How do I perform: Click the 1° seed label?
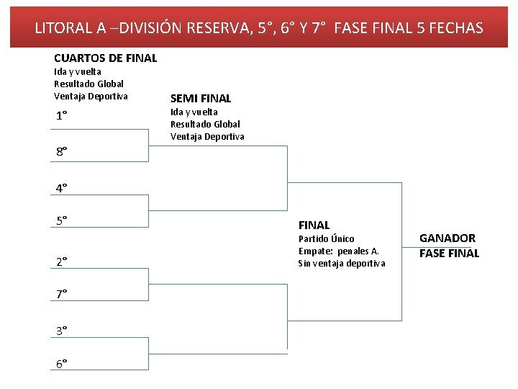pyautogui.click(x=61, y=116)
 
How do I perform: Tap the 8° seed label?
pyautogui.click(x=62, y=151)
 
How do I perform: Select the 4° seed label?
pyautogui.click(x=62, y=188)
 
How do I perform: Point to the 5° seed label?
pyautogui.click(x=62, y=220)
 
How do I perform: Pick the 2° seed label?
pyautogui.click(x=62, y=261)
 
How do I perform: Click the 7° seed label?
pyautogui.click(x=62, y=294)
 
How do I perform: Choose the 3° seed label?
pyautogui.click(x=62, y=330)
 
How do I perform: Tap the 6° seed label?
pyautogui.click(x=62, y=364)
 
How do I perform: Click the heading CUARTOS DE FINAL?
pyautogui.click(x=105, y=58)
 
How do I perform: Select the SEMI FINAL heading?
pyautogui.click(x=201, y=99)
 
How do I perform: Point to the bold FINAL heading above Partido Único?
pyautogui.click(x=314, y=225)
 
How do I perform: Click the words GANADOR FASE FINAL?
pyautogui.click(x=448, y=246)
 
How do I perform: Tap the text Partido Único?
pyautogui.click(x=326, y=238)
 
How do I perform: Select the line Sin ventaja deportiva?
pyautogui.click(x=342, y=263)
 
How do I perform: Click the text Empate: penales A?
pyautogui.click(x=338, y=251)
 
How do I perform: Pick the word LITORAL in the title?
pyautogui.click(x=63, y=28)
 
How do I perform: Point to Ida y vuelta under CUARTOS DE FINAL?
pyautogui.click(x=78, y=71)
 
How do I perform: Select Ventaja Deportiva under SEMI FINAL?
pyautogui.click(x=207, y=136)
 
